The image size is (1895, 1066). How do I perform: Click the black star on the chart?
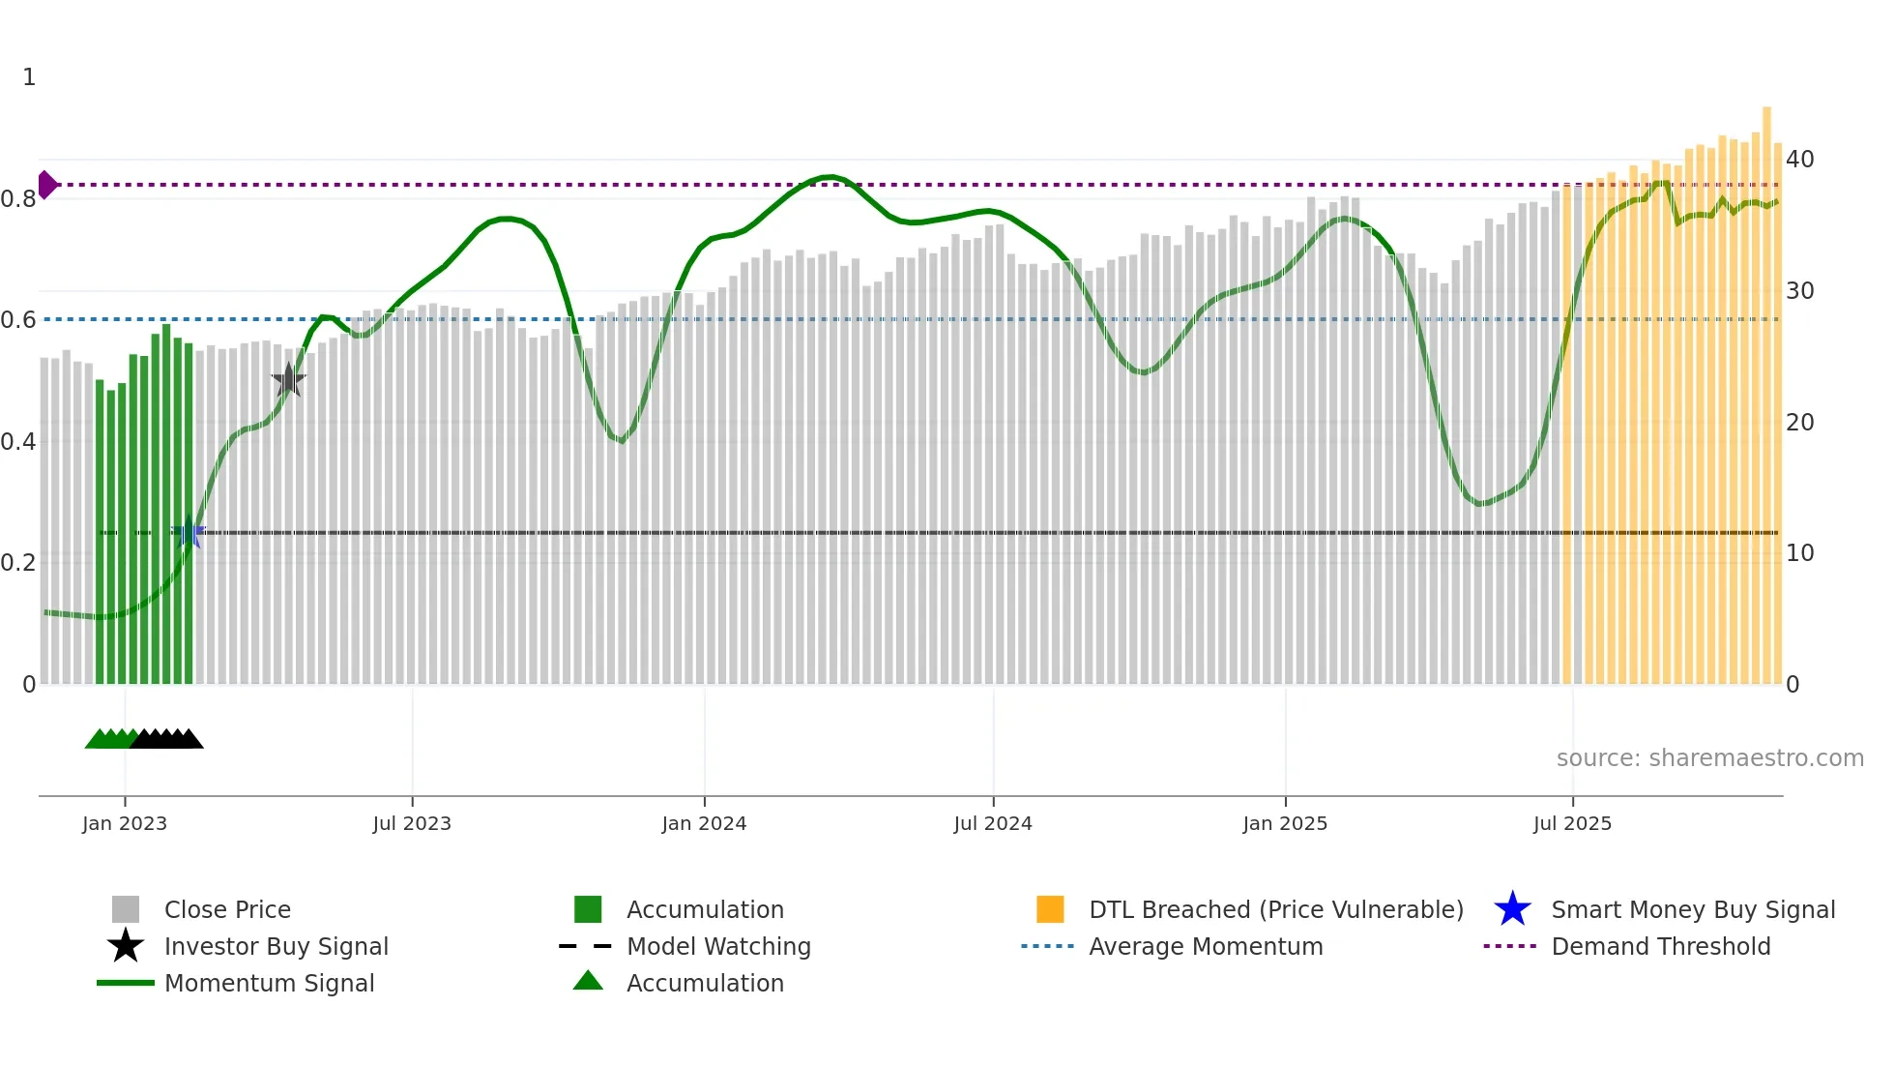tap(288, 380)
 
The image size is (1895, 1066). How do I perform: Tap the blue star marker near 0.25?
tap(189, 533)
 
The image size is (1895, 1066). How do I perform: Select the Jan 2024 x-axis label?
tap(704, 823)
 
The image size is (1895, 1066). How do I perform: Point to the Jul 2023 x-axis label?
tap(412, 823)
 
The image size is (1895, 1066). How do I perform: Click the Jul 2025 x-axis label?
tap(1572, 823)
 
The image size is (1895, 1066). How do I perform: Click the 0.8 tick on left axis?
tap(19, 199)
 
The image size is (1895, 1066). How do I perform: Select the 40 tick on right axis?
tap(1799, 159)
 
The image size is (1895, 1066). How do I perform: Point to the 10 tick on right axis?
tap(1799, 553)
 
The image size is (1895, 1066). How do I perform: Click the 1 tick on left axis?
tap(29, 77)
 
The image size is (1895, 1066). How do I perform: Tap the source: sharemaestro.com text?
tap(1709, 757)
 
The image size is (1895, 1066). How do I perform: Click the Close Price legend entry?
tap(227, 909)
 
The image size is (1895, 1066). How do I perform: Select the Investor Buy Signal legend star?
tap(126, 946)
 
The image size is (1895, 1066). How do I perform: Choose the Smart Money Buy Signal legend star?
tap(1512, 909)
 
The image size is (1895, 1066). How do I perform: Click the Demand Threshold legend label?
tap(1660, 946)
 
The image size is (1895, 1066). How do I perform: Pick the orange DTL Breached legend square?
tap(1050, 909)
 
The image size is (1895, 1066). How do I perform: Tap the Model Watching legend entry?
tap(718, 946)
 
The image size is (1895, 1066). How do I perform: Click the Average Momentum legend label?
tap(1206, 946)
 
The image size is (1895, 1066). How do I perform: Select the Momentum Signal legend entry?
tap(269, 983)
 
